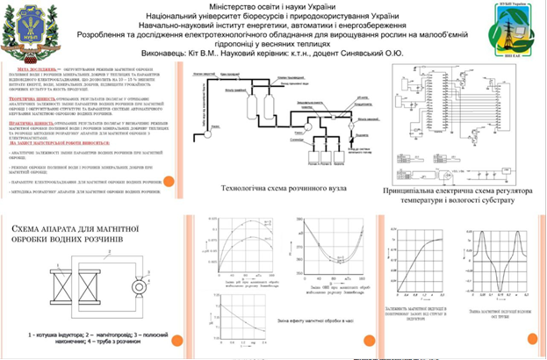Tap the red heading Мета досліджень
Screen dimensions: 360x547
click(40, 67)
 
